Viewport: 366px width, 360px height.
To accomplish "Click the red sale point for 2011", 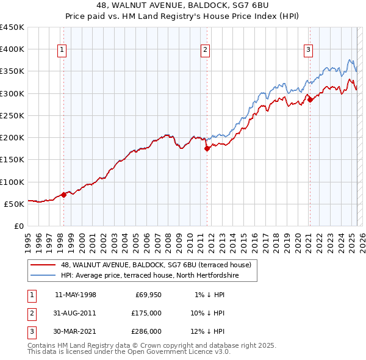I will (x=207, y=148).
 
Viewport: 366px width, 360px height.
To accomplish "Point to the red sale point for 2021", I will (x=310, y=99).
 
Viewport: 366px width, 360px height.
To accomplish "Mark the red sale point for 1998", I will (x=63, y=195).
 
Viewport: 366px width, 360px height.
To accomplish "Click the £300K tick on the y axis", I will (x=12, y=93).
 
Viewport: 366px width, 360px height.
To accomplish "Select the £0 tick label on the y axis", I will (x=19, y=226).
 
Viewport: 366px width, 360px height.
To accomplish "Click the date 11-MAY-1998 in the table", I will (x=75, y=295).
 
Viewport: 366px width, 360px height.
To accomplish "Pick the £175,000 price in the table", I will (x=146, y=313).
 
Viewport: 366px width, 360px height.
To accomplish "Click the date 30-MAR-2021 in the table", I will (x=75, y=331).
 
